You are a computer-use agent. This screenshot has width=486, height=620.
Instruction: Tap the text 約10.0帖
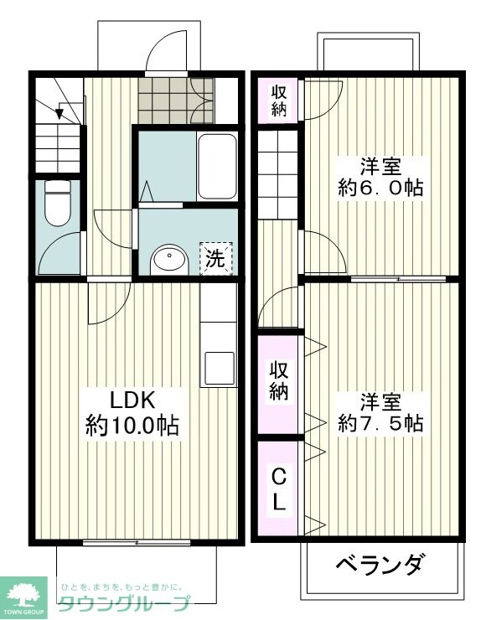pos(132,425)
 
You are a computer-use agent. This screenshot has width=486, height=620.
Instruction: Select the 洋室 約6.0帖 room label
pos(379,176)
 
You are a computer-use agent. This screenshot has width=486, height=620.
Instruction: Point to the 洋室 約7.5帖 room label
pos(379,411)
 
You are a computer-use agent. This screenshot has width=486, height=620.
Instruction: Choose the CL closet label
pos(279,489)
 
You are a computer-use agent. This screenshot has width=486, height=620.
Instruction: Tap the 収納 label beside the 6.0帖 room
pos(279,100)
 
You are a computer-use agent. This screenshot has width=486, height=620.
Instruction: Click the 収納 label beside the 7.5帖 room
pos(279,381)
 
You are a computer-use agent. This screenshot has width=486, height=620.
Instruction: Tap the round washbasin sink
pos(169,260)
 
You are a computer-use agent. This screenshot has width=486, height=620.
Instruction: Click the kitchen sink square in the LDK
pos(218,367)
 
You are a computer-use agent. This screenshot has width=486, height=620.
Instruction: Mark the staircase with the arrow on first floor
pos(59,126)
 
